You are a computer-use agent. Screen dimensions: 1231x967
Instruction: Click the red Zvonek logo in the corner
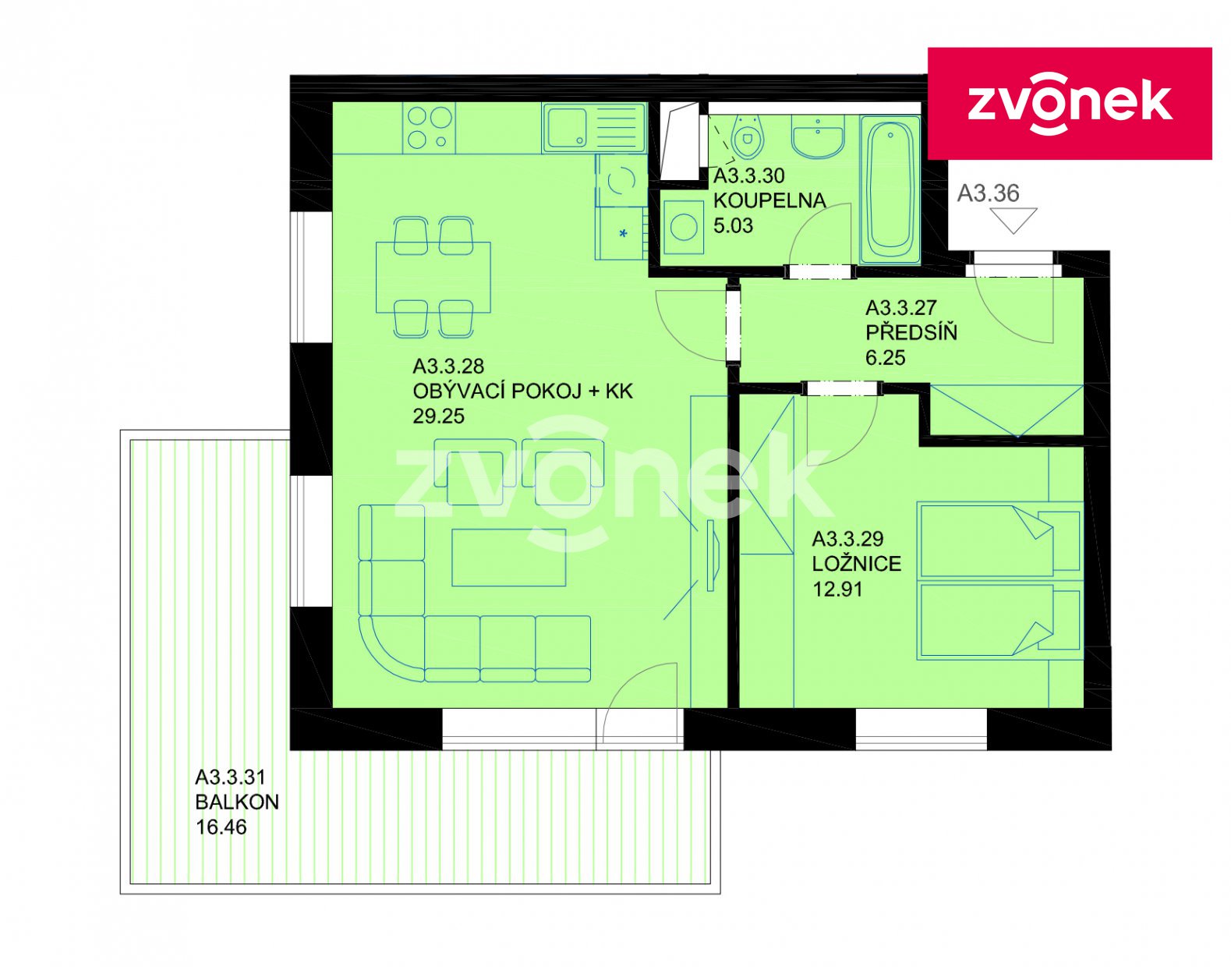[1069, 103]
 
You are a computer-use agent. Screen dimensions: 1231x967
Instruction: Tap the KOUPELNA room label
[769, 200]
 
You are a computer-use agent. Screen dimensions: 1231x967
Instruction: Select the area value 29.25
[438, 416]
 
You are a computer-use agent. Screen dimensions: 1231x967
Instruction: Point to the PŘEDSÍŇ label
[911, 332]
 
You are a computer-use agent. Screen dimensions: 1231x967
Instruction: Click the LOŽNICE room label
[857, 564]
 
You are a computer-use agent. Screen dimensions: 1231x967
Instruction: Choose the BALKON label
[237, 802]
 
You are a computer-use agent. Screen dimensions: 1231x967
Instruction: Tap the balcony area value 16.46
[221, 827]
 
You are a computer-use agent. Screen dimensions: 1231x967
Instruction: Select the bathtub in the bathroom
[890, 190]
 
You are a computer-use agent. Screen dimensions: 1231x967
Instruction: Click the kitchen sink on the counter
[594, 128]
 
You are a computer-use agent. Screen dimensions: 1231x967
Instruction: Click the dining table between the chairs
[433, 277]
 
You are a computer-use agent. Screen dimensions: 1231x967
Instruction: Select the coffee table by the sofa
[508, 558]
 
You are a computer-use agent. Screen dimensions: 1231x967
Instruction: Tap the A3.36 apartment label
[988, 193]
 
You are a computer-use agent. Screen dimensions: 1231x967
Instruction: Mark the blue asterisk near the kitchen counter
[623, 233]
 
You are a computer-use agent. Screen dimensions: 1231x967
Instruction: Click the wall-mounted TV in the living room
[712, 556]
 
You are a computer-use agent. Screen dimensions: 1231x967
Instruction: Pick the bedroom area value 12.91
[837, 589]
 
